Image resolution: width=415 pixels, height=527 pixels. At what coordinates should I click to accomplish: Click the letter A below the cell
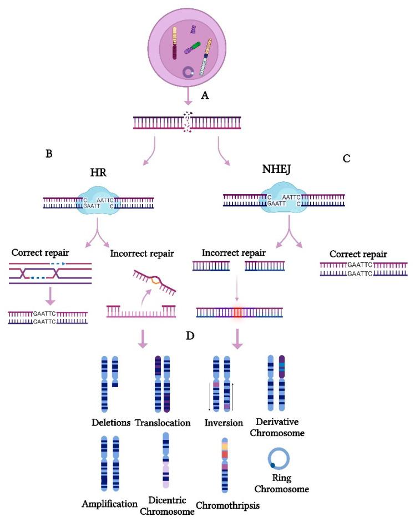[205, 95]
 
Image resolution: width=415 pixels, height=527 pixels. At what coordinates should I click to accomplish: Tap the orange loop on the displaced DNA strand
[155, 281]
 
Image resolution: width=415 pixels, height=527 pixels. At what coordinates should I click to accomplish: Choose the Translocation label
[163, 423]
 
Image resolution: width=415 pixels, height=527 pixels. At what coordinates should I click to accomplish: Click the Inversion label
[223, 423]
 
